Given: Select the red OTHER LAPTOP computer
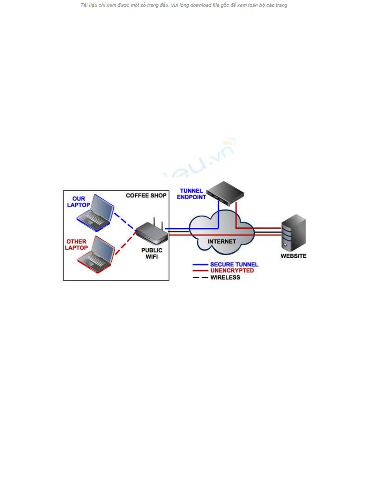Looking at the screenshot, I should point(96,255).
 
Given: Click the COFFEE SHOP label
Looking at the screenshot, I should point(146,196).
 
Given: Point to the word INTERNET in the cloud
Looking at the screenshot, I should point(222,241).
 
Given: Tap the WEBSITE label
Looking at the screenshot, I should point(293,256).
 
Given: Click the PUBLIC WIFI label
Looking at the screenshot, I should point(152,253).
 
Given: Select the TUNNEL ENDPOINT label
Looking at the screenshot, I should point(191,194).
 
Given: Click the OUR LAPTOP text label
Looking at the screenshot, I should point(78,202).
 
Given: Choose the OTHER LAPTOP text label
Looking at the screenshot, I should point(76,244).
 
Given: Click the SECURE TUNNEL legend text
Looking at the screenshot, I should point(234,264).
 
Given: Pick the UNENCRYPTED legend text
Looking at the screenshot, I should point(232,270).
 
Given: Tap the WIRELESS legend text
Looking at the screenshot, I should point(225,277).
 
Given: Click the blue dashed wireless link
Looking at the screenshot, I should point(125,222).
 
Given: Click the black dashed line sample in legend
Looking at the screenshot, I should point(200,277).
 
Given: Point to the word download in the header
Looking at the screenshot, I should point(200,5).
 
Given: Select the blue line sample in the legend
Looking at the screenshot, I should point(200,265).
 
